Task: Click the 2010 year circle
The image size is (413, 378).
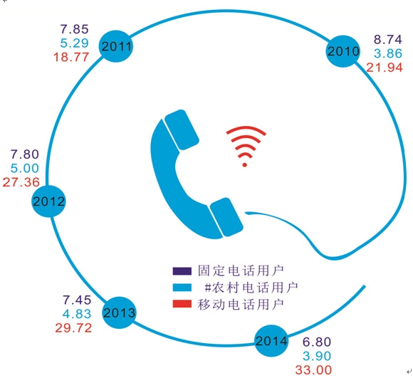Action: pyautogui.click(x=343, y=51)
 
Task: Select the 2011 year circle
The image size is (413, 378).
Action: pyautogui.click(x=116, y=46)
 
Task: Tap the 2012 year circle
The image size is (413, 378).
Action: pyautogui.click(x=48, y=201)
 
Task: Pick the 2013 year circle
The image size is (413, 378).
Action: pyautogui.click(x=119, y=313)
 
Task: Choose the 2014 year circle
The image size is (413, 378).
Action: pyautogui.click(x=271, y=341)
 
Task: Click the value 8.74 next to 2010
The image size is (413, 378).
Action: pyautogui.click(x=388, y=39)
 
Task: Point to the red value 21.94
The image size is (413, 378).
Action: pyautogui.click(x=385, y=68)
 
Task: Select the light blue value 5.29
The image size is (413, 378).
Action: pyautogui.click(x=74, y=43)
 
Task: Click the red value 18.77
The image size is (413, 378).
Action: pyautogui.click(x=71, y=57)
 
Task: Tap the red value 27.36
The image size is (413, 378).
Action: pyautogui.click(x=21, y=182)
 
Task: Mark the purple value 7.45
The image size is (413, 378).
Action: pyautogui.click(x=77, y=300)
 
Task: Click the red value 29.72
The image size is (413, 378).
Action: pyautogui.click(x=73, y=327)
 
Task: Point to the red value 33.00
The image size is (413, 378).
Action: pyautogui.click(x=313, y=370)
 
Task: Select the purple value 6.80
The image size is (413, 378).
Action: pyautogui.click(x=317, y=342)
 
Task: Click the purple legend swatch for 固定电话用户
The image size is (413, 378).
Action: pyautogui.click(x=182, y=271)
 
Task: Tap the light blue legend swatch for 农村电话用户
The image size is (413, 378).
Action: pyautogui.click(x=182, y=288)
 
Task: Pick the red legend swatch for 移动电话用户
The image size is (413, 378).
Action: pyautogui.click(x=182, y=303)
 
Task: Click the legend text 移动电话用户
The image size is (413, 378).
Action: pyautogui.click(x=241, y=304)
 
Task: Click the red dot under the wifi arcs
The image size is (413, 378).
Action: pyautogui.click(x=244, y=165)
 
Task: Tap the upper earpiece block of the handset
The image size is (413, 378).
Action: pyautogui.click(x=182, y=130)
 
